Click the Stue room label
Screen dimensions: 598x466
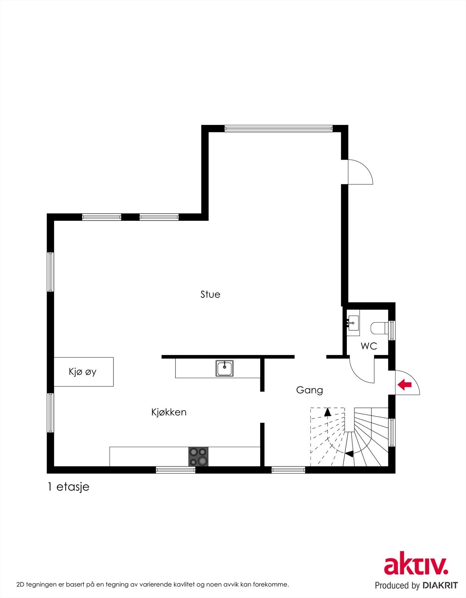point(210,295)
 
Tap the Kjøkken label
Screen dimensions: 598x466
point(169,412)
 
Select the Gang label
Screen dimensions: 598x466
point(309,390)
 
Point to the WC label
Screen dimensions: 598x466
point(369,346)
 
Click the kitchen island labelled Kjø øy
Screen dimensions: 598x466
point(83,372)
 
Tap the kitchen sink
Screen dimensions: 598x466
point(224,368)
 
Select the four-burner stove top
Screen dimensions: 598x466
point(198,456)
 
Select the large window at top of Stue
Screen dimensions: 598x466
point(278,129)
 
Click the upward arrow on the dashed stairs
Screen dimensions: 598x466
point(327,412)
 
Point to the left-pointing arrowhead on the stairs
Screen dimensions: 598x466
point(349,454)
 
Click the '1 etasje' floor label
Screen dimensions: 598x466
point(68,487)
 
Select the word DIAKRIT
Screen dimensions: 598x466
point(440,585)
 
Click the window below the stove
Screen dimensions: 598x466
point(175,470)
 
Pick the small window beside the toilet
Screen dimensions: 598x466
point(392,330)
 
